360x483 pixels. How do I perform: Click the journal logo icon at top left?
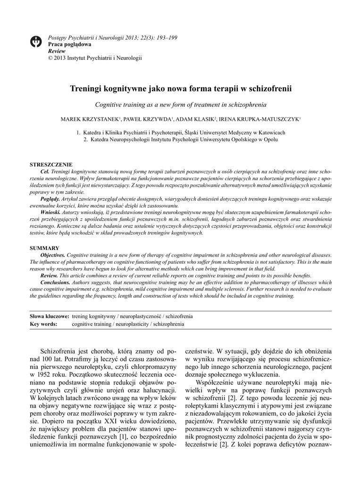[x=36, y=42]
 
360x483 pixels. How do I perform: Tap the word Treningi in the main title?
[x=87, y=89]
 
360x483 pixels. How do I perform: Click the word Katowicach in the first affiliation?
[x=271, y=133]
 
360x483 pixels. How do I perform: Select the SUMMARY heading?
[x=45, y=248]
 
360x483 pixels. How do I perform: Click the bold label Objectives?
[x=53, y=255]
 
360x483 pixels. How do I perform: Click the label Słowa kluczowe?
[x=50, y=316]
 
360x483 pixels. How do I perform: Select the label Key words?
[x=44, y=324]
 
